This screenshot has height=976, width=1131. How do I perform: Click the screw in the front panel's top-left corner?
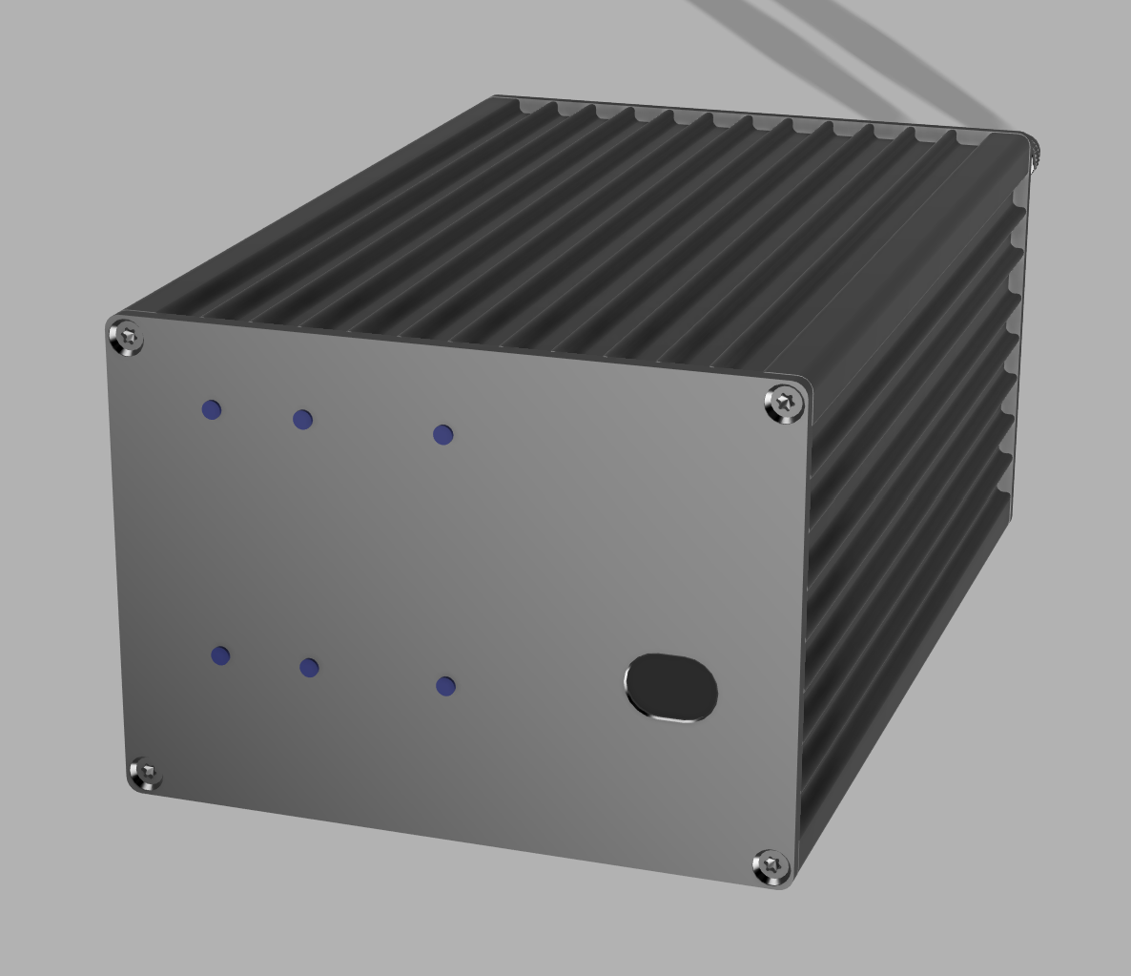[x=128, y=338]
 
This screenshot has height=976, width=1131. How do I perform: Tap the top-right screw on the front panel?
[x=784, y=404]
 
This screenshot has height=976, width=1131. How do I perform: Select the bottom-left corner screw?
[x=146, y=773]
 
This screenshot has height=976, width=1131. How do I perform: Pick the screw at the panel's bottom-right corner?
[x=771, y=866]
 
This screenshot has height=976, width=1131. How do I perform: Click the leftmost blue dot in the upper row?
[x=212, y=409]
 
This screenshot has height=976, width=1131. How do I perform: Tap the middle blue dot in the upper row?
[x=302, y=420]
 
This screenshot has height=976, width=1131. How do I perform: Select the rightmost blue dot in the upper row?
[x=442, y=435]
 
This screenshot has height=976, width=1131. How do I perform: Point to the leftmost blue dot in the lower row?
[x=220, y=655]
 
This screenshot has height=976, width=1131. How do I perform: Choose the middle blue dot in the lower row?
[x=309, y=668]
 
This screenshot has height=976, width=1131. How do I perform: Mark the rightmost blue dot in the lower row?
[x=445, y=686]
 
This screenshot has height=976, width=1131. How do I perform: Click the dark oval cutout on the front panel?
[x=671, y=687]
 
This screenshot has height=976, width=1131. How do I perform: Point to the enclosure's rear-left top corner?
[x=497, y=97]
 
